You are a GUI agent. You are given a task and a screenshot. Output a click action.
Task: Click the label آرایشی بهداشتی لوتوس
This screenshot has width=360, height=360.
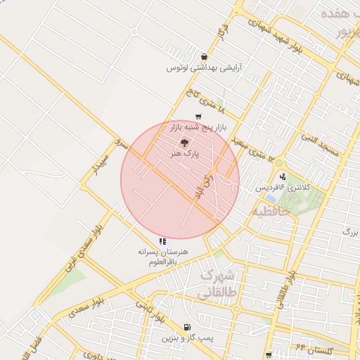click(x=199, y=68)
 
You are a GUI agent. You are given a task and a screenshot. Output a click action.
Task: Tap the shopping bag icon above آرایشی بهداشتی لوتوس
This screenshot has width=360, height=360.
click(x=204, y=57)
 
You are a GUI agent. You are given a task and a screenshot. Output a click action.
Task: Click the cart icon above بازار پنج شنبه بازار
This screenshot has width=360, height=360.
click(x=198, y=117)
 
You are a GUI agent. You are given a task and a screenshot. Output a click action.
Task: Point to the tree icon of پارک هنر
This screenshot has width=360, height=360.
click(x=174, y=143)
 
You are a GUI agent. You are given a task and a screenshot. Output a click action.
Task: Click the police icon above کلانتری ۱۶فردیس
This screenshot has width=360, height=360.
click(x=283, y=176)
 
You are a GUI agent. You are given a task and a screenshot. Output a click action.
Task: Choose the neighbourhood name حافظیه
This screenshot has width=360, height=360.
click(x=271, y=210)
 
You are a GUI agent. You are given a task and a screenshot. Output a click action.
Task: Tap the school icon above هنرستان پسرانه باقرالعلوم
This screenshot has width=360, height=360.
click(x=163, y=241)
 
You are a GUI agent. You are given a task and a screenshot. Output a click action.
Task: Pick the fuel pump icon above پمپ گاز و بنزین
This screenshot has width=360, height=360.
click(x=186, y=327)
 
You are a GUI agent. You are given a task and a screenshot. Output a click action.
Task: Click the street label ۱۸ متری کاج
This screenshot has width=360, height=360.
click(x=204, y=101)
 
